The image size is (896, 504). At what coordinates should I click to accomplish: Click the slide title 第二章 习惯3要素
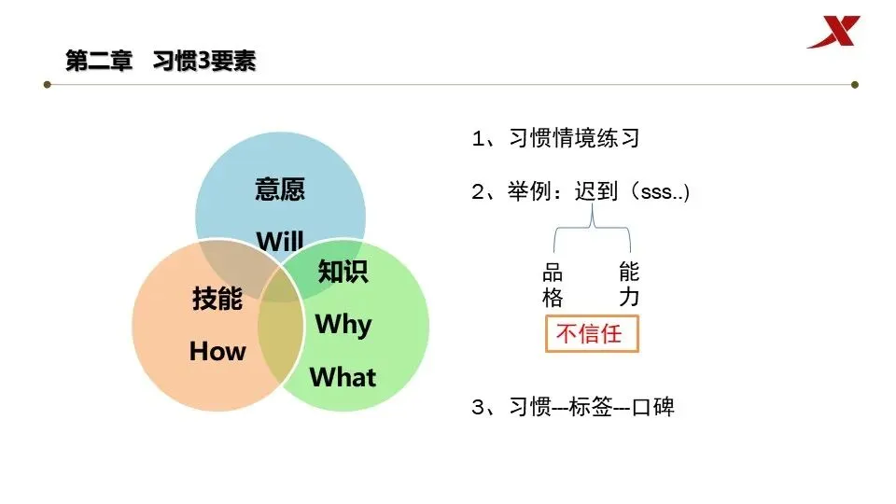[x=161, y=62]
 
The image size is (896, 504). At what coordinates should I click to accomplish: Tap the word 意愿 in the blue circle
[x=280, y=189]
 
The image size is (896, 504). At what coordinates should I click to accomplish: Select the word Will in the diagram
[x=280, y=241]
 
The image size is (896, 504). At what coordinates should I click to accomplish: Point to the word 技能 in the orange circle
[x=217, y=299]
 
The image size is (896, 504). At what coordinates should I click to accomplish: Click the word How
[x=217, y=351]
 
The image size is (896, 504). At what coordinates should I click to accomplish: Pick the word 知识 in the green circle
[x=343, y=272]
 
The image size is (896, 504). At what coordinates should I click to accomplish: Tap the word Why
[x=343, y=324]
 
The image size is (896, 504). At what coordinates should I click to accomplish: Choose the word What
[x=343, y=377]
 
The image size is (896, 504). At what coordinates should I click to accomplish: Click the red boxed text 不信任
[x=592, y=333]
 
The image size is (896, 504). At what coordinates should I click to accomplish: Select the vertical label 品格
[x=553, y=286]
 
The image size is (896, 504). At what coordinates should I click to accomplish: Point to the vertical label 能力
[x=629, y=286]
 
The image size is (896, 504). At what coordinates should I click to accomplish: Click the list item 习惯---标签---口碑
[x=572, y=408]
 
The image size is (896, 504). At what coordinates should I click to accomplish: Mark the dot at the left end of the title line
[x=47, y=85]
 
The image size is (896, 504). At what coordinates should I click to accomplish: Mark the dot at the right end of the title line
[x=854, y=85]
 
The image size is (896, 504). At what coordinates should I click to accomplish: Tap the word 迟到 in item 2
[x=597, y=192]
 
